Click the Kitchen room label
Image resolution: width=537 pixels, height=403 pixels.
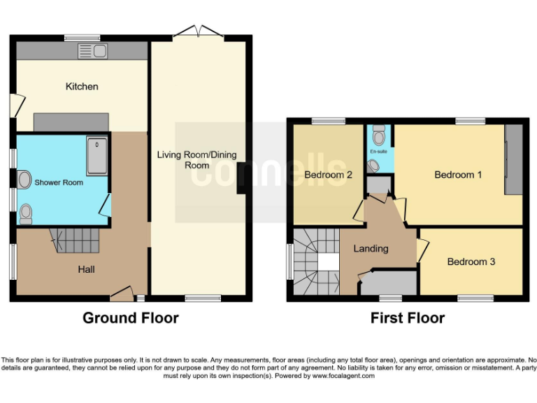[x=82, y=87]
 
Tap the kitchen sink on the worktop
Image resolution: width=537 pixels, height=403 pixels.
[x=92, y=50]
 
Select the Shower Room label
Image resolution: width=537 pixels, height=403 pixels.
[x=59, y=183]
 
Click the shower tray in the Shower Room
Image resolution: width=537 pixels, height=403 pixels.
[x=96, y=155]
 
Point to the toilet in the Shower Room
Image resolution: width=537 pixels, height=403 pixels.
[x=26, y=212]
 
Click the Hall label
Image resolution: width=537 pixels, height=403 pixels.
[x=86, y=269]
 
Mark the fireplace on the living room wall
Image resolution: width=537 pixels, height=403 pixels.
[x=241, y=178]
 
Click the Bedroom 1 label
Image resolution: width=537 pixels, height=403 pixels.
[x=458, y=175]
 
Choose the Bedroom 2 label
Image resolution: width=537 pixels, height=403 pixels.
[x=328, y=175]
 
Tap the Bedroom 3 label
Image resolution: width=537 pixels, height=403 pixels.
[x=471, y=262]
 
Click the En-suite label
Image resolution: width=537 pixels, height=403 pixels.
[x=378, y=151]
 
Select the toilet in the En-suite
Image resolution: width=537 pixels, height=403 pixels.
[x=379, y=134]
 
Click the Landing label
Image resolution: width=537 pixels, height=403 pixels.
[x=371, y=248]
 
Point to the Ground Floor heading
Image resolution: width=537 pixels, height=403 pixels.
[x=131, y=318]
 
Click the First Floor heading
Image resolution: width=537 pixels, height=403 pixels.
[x=408, y=318]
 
